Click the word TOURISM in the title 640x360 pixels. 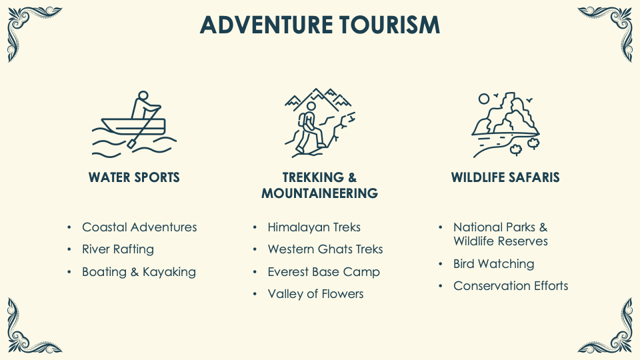click(389, 25)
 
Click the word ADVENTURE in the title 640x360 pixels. click(266, 25)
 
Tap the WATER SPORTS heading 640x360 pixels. click(134, 177)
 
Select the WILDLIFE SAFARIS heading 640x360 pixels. click(505, 177)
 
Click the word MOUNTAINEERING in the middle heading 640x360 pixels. click(319, 193)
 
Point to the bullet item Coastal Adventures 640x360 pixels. click(139, 227)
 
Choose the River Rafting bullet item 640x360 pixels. click(118, 249)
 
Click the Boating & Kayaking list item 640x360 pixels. click(139, 272)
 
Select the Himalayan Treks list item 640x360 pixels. click(314, 227)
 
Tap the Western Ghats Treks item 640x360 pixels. click(325, 249)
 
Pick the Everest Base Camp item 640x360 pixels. click(324, 272)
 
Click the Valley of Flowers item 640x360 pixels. click(315, 294)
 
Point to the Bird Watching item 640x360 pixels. click(493, 264)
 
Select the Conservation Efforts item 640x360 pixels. click(511, 286)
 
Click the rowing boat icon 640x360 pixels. click(134, 124)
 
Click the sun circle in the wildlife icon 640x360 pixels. click(484, 99)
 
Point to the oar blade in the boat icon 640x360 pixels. click(132, 143)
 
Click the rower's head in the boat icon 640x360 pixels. click(143, 95)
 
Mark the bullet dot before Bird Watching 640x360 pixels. click(441, 264)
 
